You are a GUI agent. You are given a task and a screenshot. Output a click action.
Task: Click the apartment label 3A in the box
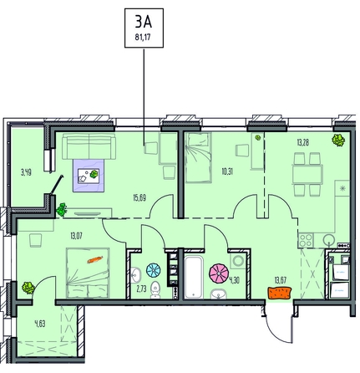click(x=144, y=22)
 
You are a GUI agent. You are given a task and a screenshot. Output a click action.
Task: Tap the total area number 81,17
click(x=143, y=37)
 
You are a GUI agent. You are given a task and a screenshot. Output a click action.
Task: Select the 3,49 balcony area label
click(x=26, y=172)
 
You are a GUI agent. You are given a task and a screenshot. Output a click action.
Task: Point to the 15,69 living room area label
click(x=139, y=198)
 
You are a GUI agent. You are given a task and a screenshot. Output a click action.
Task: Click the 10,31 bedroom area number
click(x=227, y=171)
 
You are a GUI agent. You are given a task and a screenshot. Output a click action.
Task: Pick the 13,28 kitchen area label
click(x=303, y=143)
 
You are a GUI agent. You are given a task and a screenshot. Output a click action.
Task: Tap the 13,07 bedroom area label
click(x=76, y=237)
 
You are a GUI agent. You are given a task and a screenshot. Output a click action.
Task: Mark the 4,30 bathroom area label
click(x=234, y=280)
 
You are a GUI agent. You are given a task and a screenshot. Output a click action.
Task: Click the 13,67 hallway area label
click(x=281, y=280)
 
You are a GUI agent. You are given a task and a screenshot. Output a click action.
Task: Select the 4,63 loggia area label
click(x=40, y=324)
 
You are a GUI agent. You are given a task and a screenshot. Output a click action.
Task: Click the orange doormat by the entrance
click(x=280, y=293)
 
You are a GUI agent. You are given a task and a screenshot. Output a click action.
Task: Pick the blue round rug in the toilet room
click(x=154, y=271)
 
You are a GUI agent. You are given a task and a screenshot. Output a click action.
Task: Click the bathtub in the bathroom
click(x=195, y=277)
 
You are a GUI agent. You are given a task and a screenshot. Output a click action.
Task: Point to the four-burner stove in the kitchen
click(x=306, y=240)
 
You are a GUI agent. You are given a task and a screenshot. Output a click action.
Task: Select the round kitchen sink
click(x=329, y=240)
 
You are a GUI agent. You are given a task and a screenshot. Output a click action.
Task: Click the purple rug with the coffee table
click(x=89, y=176)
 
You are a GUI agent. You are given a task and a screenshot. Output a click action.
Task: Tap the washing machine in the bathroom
click(x=238, y=261)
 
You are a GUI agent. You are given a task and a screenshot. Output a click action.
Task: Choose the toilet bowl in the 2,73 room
click(x=155, y=290)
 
